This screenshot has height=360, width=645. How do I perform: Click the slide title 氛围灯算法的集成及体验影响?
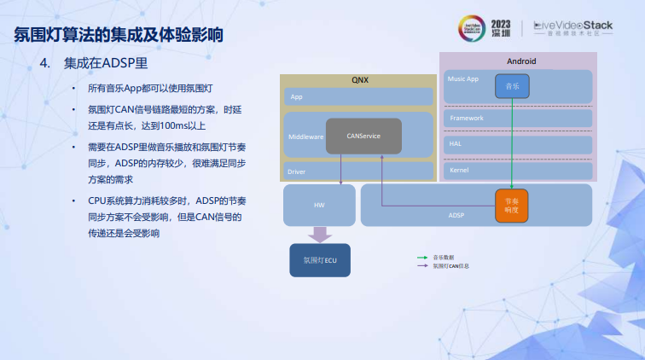point(119,36)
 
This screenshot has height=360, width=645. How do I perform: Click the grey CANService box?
point(363,136)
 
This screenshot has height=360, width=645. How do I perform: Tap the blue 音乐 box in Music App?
point(512,85)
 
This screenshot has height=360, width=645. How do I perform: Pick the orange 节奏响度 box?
point(512,203)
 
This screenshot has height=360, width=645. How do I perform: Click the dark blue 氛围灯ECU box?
point(320,259)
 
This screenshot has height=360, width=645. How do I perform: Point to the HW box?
point(320,205)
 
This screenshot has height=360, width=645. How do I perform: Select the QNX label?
point(360,79)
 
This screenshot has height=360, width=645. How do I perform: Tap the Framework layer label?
point(466,118)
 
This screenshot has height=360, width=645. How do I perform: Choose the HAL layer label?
point(456,144)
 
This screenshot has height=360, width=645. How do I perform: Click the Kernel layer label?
point(459,171)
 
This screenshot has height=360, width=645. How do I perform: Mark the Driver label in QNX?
point(297,171)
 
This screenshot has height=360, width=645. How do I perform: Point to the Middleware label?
point(305,136)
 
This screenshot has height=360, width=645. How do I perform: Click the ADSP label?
point(456,215)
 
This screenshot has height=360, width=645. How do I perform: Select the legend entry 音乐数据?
point(444,257)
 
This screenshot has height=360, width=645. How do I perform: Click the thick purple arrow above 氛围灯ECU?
point(320,233)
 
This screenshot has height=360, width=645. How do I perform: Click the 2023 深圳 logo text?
point(502,27)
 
